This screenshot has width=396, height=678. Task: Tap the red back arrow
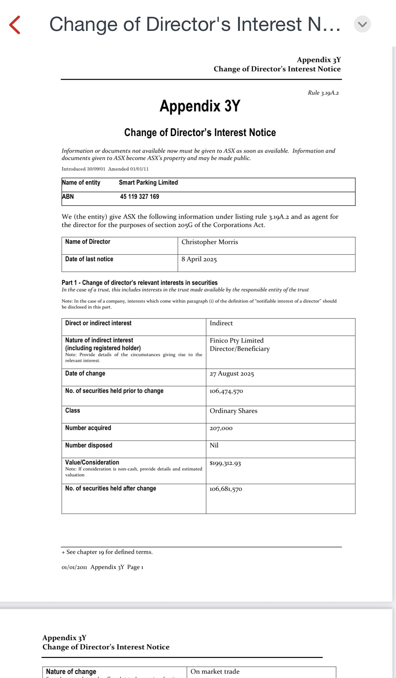15,25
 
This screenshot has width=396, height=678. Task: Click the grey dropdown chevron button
362,24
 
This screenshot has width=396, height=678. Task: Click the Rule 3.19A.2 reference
323,93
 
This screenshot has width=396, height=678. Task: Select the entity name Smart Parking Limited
148,183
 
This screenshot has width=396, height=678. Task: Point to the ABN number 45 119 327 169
140,197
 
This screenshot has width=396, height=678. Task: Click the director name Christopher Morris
209,242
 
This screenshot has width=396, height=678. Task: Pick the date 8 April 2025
199,259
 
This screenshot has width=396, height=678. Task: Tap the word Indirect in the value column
221,323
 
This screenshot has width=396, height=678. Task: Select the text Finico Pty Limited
236,341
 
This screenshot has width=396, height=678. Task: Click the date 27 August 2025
232,374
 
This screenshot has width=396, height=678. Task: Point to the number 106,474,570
226,391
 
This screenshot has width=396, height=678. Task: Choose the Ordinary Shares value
233,411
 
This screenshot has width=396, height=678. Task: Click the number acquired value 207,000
221,428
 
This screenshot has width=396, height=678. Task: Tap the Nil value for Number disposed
214,445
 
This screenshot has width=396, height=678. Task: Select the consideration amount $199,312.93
225,463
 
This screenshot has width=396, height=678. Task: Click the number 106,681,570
226,489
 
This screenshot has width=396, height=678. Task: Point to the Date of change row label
85,373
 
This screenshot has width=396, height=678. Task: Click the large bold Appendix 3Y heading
200,106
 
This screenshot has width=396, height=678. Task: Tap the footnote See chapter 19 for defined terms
107,552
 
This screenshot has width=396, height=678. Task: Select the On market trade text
215,671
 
